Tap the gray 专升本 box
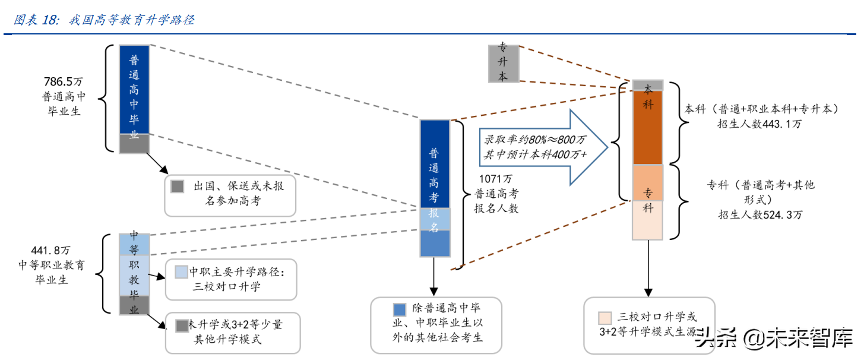pos(503,63)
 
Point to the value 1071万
pos(496,178)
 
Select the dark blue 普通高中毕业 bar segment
pos(134,89)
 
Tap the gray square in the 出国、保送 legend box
pos(177,187)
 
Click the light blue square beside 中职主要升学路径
pos(182,272)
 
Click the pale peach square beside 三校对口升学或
pos(605,317)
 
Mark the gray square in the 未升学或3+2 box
pos(182,326)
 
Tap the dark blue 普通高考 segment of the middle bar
pos(435,163)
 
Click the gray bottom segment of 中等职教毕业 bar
pos(134,305)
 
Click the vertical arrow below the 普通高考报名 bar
pos(434,277)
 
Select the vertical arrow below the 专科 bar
pos(647,267)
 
